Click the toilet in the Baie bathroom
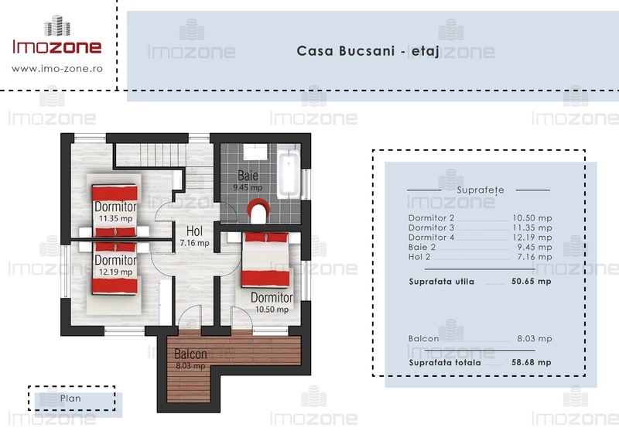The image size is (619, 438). [259, 210]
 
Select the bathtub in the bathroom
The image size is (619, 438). [289, 171]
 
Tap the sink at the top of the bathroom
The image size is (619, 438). [255, 152]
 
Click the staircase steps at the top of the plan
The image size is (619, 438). [162, 155]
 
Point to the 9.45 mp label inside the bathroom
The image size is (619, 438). [248, 187]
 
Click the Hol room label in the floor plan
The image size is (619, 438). [195, 231]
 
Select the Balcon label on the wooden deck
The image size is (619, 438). [190, 354]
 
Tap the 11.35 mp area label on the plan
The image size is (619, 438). [115, 218]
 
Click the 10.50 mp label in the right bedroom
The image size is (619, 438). [272, 310]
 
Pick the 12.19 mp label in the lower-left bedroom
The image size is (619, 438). [115, 272]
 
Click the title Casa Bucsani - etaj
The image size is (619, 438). [368, 51]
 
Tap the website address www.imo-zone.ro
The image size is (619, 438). [57, 69]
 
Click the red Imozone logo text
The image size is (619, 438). [57, 46]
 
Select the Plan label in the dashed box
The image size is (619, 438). [70, 399]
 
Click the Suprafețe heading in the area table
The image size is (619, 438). [480, 190]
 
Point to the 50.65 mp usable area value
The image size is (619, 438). [532, 282]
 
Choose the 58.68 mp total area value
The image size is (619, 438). [532, 362]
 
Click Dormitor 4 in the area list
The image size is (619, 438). [431, 238]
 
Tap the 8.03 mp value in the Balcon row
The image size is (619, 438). [535, 338]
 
